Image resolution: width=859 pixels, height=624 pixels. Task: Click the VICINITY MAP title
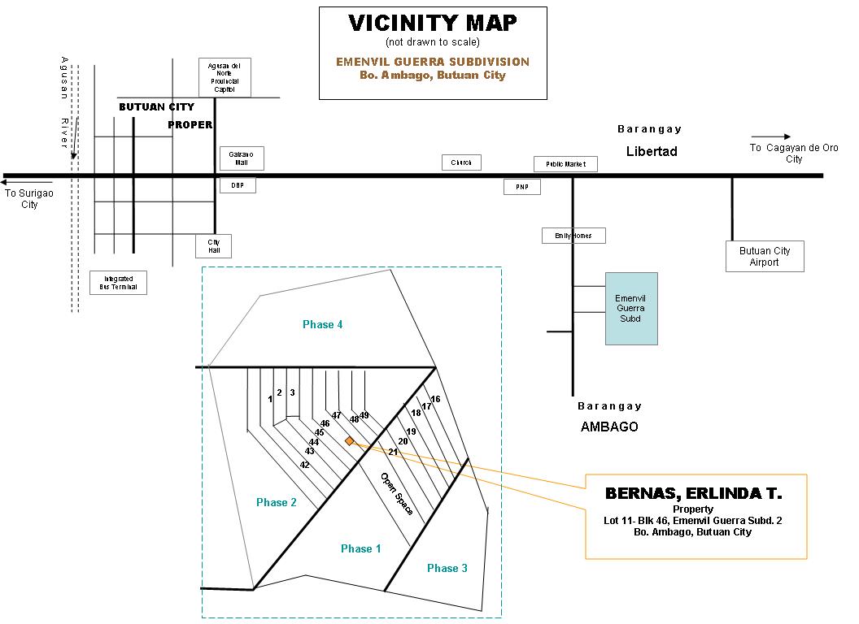pyautogui.click(x=432, y=24)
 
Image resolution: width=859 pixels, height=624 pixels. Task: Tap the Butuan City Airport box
pyautogui.click(x=764, y=256)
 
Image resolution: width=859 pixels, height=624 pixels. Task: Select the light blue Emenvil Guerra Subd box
pyautogui.click(x=630, y=308)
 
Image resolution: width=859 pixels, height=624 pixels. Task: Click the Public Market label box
pyautogui.click(x=565, y=164)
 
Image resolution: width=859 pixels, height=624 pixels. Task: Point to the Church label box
pyautogui.click(x=461, y=162)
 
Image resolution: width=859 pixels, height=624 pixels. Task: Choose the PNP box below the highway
pyautogui.click(x=521, y=187)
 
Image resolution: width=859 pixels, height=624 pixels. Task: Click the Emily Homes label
pyautogui.click(x=573, y=236)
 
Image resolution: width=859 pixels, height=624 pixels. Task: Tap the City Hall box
pyautogui.click(x=214, y=246)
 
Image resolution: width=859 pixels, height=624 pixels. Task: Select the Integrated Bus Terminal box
pyautogui.click(x=118, y=283)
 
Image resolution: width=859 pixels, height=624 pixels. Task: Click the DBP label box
pyautogui.click(x=238, y=185)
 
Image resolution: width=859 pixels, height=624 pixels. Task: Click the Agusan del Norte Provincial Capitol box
pyautogui.click(x=225, y=77)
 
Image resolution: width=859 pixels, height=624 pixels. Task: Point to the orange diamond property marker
pyautogui.click(x=349, y=440)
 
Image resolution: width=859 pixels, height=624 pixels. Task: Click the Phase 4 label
pyautogui.click(x=322, y=324)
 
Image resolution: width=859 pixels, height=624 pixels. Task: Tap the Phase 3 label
pyautogui.click(x=447, y=568)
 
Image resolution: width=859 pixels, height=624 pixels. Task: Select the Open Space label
pyautogui.click(x=398, y=493)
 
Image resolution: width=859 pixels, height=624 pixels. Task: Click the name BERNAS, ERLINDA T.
pyautogui.click(x=694, y=494)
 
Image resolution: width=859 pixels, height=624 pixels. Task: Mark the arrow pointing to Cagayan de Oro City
pyautogui.click(x=770, y=137)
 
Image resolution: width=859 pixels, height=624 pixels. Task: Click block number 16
pyautogui.click(x=435, y=399)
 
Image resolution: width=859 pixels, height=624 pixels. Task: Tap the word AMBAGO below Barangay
pyautogui.click(x=609, y=427)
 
